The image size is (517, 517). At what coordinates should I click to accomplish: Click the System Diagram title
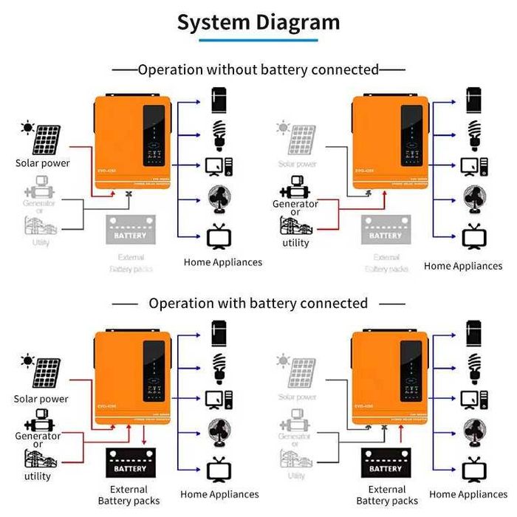pos(258,21)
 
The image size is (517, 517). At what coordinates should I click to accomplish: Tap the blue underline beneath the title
pos(258,39)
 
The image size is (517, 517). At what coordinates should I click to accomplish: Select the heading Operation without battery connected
pos(258,69)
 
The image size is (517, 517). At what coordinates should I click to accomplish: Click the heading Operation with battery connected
pos(258,303)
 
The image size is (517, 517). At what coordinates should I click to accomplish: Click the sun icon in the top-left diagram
pos(27,129)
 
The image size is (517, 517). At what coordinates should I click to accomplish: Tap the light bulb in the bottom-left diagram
pos(219,364)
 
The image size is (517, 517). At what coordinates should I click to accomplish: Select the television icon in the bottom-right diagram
pos(472,469)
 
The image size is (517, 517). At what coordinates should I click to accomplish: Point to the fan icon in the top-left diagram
pos(219,200)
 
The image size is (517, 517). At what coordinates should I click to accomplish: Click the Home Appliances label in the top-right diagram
pos(463,266)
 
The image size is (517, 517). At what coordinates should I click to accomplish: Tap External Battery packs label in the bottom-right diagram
pos(386,495)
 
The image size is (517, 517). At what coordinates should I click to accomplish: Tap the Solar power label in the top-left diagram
pos(42,162)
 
